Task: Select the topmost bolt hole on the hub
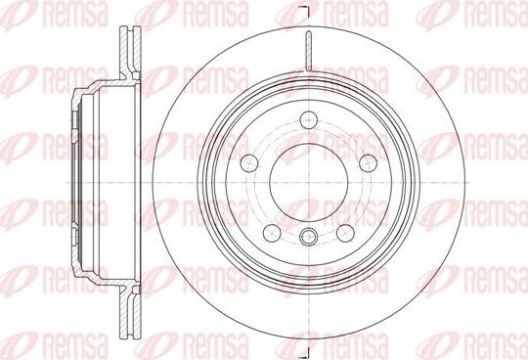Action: [309, 122]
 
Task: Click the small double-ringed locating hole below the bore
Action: [309, 236]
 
